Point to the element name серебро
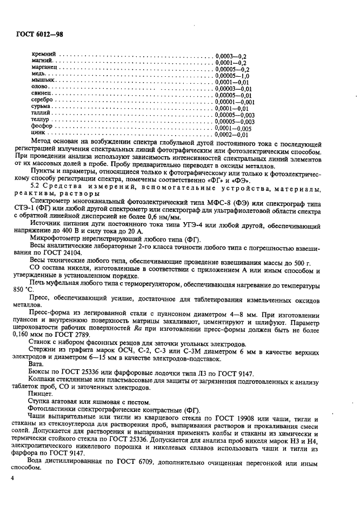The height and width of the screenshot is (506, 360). (43, 101)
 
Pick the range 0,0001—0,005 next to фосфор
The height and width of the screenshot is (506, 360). (234, 128)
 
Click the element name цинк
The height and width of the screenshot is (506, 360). (40, 135)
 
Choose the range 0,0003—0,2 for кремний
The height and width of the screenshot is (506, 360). (231, 56)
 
